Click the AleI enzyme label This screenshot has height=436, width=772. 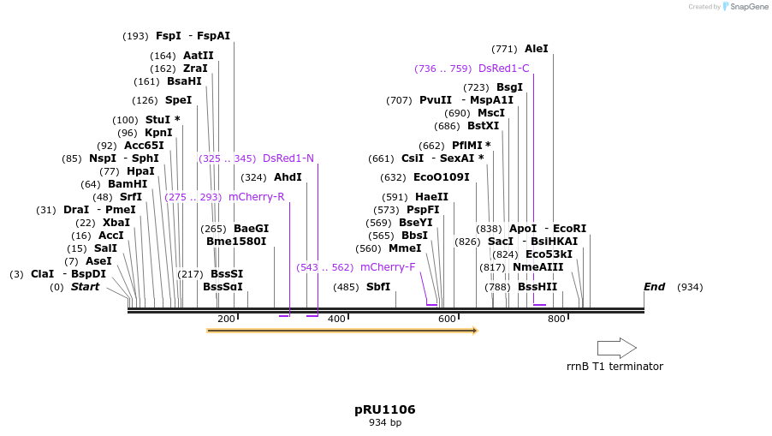pyautogui.click(x=537, y=49)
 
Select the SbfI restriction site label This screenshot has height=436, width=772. pyautogui.click(x=378, y=287)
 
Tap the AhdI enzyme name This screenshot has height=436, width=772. pyautogui.click(x=288, y=177)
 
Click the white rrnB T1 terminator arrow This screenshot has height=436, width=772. pyautogui.click(x=616, y=348)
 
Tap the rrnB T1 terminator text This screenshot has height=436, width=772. pyautogui.click(x=615, y=367)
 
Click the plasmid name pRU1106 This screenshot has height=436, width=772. pyautogui.click(x=385, y=409)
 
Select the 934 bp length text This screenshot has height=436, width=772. pyautogui.click(x=385, y=423)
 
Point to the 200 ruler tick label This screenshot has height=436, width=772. pyautogui.click(x=226, y=320)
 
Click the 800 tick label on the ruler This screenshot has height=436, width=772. pyautogui.click(x=556, y=320)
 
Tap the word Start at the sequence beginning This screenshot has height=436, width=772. pyautogui.click(x=85, y=287)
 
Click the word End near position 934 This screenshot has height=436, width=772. pyautogui.click(x=655, y=287)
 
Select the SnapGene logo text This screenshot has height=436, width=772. pyautogui.click(x=748, y=7)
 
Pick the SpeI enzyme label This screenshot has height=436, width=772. pyautogui.click(x=178, y=100)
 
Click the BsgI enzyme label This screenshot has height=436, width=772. pyautogui.click(x=509, y=87)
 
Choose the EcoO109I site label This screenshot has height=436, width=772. pyautogui.click(x=442, y=177)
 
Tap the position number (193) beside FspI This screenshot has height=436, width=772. pyautogui.click(x=135, y=36)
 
